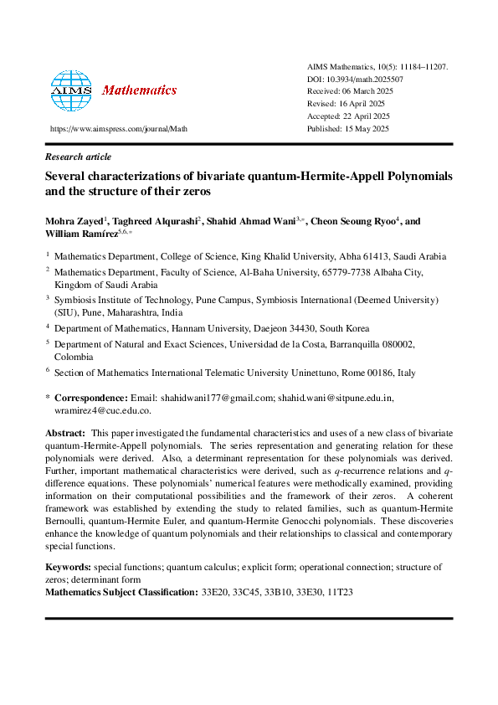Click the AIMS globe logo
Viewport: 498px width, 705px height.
pyautogui.click(x=71, y=90)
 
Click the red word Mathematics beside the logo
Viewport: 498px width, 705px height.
pyautogui.click(x=139, y=90)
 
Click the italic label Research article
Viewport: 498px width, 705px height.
pyautogui.click(x=78, y=157)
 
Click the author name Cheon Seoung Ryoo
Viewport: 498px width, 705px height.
pyautogui.click(x=354, y=222)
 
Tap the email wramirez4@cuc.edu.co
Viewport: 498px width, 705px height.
pyautogui.click(x=97, y=410)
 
